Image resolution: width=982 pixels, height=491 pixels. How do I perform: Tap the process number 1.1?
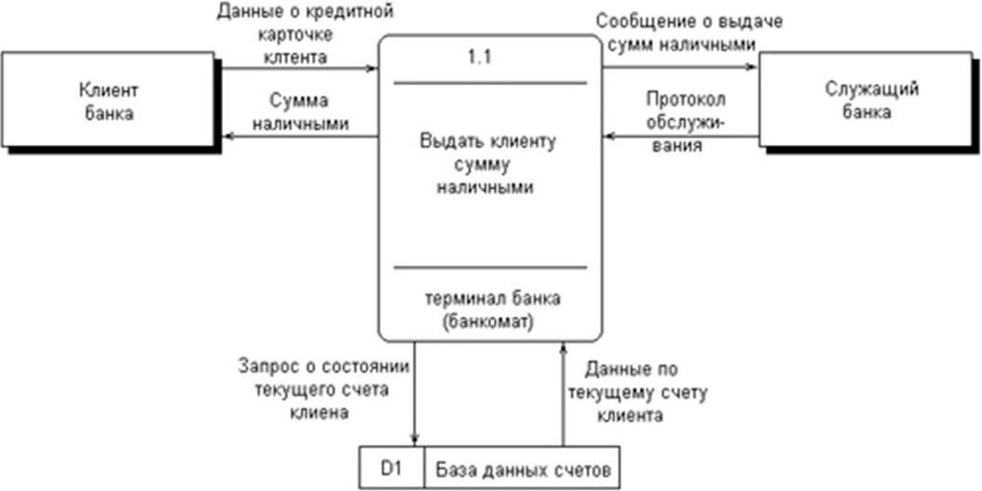(480, 57)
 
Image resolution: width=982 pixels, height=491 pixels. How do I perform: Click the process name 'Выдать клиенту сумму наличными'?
(487, 164)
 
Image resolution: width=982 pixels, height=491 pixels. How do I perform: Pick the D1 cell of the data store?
(393, 468)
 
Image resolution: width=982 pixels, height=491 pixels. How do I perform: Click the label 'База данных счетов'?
(523, 469)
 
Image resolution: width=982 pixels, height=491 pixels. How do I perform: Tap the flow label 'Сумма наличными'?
(300, 112)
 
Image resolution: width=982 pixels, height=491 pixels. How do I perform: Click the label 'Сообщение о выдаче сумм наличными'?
(690, 32)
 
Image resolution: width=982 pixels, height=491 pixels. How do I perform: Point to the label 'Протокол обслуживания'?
(685, 123)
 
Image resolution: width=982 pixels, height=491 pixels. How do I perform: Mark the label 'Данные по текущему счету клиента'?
(646, 393)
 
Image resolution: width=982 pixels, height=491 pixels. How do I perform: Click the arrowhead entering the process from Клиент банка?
(373, 69)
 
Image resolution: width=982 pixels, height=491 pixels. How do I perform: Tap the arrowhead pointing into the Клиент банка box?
(229, 136)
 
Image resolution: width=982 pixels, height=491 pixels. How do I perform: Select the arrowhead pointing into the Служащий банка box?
(753, 67)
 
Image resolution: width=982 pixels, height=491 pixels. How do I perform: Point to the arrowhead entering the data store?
(414, 440)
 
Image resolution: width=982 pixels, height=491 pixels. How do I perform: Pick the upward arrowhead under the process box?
(563, 347)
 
